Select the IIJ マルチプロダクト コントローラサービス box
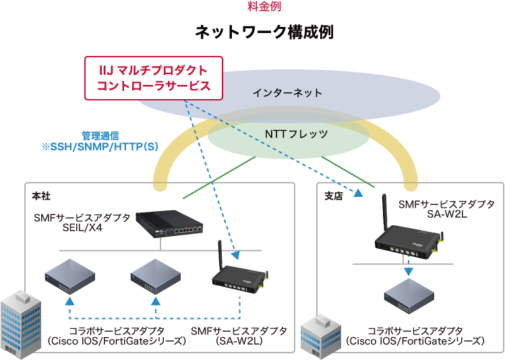pos(152,78)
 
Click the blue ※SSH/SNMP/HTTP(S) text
pos(100,146)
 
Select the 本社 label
pos(41,196)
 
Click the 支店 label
pos(334,196)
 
